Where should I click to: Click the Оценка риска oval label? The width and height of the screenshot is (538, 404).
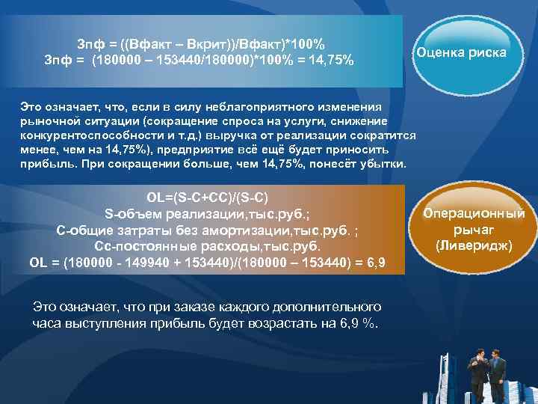461,53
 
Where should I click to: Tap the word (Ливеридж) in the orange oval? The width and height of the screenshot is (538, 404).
474,245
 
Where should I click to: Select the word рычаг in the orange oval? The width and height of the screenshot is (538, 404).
474,230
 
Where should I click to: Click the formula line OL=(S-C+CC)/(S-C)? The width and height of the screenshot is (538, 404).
208,198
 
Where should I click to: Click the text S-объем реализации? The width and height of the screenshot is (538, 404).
161,213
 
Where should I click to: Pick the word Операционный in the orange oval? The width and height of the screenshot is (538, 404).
474,214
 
